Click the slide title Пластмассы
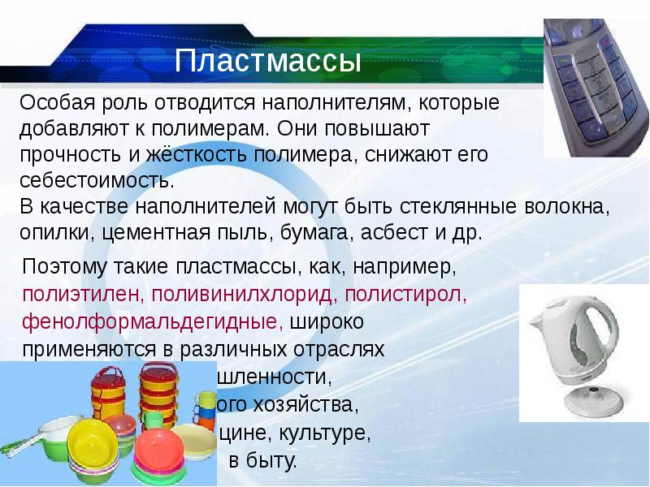[x=268, y=62]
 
